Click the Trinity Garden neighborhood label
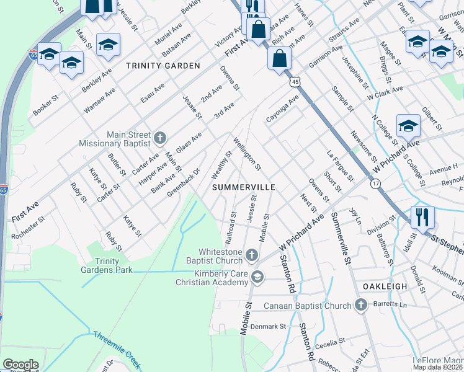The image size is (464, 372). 163,66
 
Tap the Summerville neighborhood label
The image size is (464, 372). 243,187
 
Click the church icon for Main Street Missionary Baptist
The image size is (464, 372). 159,137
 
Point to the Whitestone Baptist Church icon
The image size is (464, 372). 252,255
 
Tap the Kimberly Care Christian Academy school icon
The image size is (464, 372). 257,277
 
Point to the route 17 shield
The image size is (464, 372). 376,184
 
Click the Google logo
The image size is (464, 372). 20,365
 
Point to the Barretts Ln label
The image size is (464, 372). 390,305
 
